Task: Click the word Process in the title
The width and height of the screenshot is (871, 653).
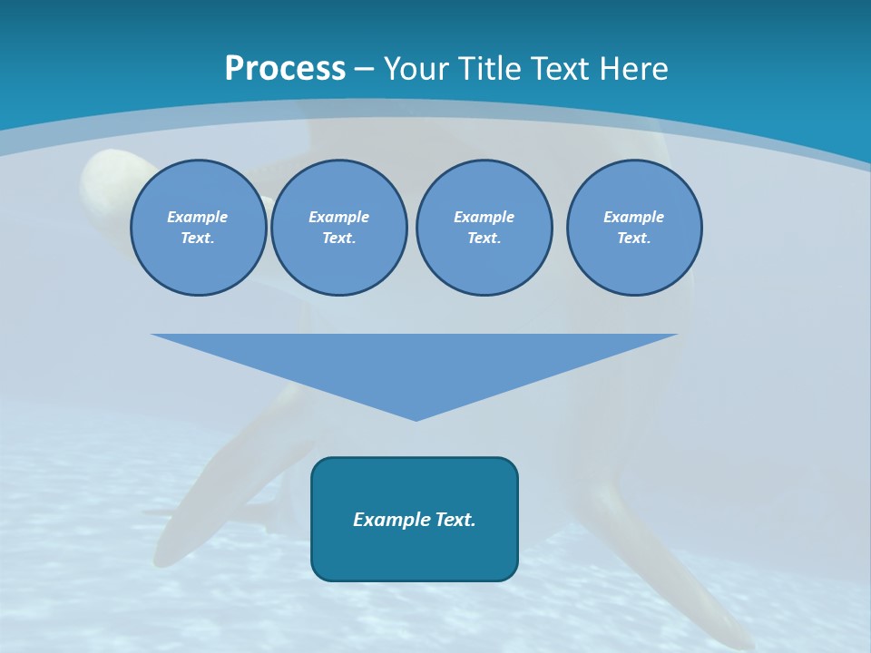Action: tap(285, 69)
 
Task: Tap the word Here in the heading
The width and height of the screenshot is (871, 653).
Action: tap(634, 69)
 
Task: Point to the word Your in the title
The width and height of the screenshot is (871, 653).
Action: tap(415, 69)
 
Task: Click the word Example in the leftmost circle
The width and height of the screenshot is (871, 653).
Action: tap(198, 217)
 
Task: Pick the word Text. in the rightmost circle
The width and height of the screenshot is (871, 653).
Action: tap(633, 239)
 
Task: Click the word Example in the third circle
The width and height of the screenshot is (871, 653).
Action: tap(484, 217)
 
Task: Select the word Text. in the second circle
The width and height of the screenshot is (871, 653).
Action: tap(338, 239)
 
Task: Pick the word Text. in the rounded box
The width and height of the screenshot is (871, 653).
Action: tap(455, 520)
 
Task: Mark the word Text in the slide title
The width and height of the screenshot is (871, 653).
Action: tap(563, 69)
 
